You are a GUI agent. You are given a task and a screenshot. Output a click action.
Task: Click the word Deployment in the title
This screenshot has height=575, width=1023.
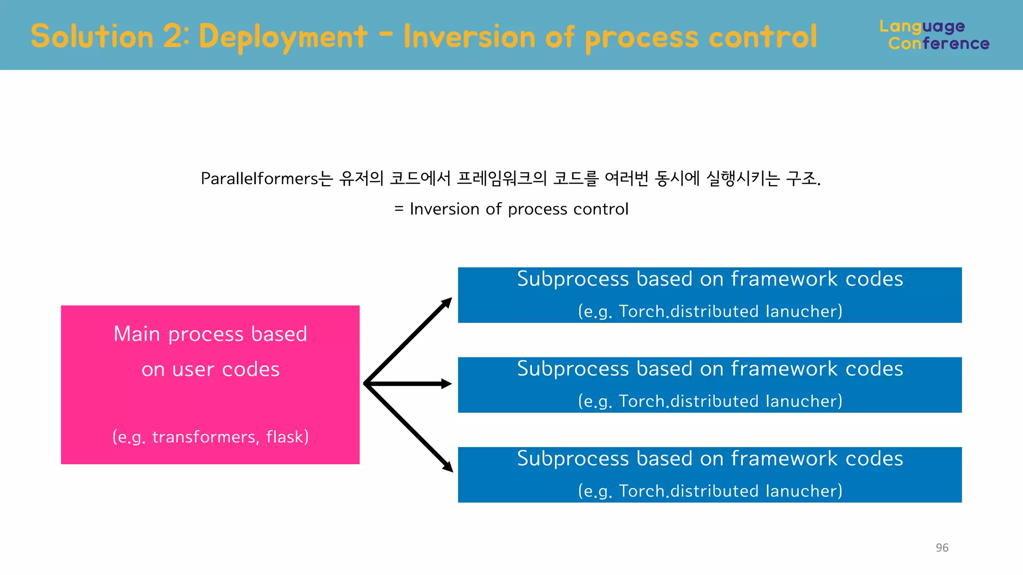[283, 37]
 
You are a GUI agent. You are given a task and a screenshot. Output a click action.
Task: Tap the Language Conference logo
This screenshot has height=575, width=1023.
[934, 35]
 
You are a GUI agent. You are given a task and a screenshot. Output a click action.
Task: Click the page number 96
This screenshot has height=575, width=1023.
[942, 548]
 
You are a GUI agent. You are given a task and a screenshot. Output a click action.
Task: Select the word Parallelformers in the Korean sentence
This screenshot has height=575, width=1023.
[259, 178]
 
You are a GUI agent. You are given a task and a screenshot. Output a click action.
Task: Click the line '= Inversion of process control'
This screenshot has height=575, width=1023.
[511, 209]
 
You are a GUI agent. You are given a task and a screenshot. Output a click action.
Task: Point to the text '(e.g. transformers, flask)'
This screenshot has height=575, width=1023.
[210, 437]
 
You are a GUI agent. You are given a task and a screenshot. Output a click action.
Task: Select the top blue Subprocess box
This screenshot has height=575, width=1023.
[709, 295]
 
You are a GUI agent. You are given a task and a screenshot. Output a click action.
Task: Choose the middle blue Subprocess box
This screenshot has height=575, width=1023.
[709, 385]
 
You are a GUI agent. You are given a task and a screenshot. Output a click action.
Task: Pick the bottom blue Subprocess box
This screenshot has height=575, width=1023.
[709, 475]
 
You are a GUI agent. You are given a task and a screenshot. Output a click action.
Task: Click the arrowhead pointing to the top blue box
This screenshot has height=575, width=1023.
[446, 302]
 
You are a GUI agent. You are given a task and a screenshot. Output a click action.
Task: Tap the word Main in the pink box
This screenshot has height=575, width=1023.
[136, 334]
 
